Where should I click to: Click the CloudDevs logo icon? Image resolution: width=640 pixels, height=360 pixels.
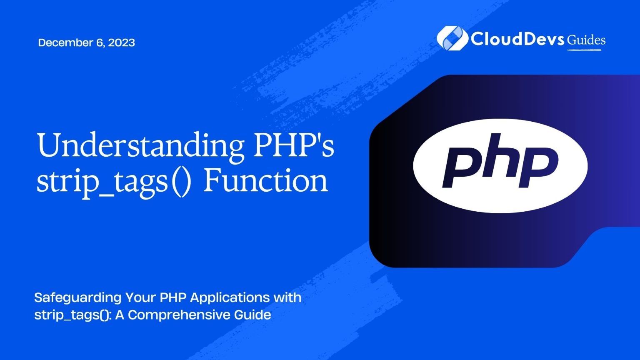452,38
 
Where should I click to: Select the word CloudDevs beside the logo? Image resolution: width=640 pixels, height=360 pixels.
517,39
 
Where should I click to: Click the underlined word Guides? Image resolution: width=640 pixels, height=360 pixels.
586,40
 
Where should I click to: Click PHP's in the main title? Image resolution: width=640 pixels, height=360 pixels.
294,144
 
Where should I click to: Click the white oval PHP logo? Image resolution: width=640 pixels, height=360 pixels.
500,166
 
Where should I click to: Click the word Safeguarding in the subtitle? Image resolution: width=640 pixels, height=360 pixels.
78,298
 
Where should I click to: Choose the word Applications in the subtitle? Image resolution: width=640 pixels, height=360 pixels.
230,298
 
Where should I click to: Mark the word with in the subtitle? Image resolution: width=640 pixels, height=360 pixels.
287,298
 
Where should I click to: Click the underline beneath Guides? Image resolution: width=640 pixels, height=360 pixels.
584,50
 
